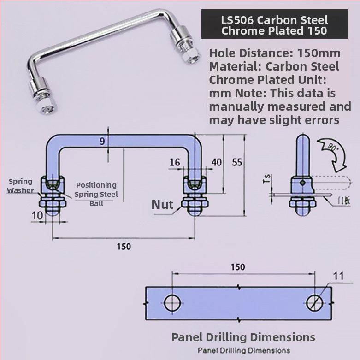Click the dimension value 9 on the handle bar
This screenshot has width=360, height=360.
coord(102,142)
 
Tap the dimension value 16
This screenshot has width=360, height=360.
coord(175,162)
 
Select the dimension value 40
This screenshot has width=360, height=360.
coord(216,162)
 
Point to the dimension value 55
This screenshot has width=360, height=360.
coord(237,162)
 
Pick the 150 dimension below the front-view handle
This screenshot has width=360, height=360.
coord(124,246)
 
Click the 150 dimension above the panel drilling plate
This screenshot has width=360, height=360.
coord(238,267)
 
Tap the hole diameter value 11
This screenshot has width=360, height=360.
coord(338,277)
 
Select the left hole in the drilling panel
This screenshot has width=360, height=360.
coord(172,303)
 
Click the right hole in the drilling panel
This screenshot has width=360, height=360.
coord(316,303)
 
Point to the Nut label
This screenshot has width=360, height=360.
coord(162,204)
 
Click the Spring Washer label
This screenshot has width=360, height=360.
coord(20,186)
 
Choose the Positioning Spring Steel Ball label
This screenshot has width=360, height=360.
coord(96,194)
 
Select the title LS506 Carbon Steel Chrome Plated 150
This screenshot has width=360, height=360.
coord(274,25)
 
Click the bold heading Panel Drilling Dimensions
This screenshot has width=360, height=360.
coord(243,337)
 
